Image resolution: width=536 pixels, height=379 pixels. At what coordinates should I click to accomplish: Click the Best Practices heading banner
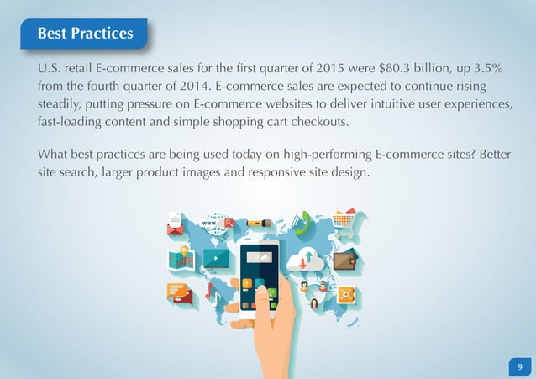84,33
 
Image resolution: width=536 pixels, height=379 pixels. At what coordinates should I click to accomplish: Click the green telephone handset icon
304,221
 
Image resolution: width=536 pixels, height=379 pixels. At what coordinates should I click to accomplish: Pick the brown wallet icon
344,260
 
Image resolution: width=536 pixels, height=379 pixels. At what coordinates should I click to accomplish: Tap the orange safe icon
345,295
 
